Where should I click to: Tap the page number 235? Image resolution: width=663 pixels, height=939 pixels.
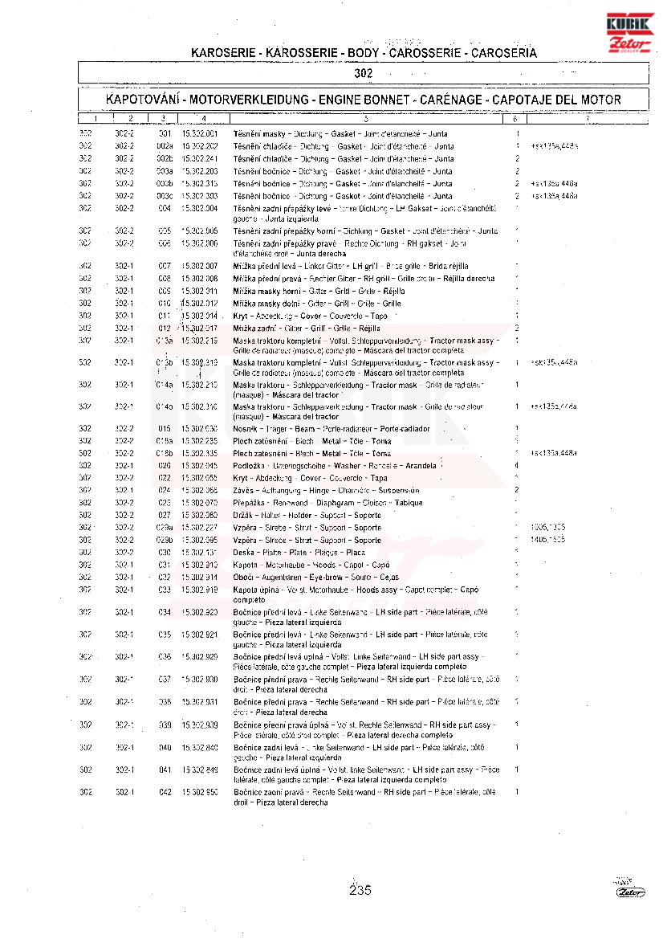360,889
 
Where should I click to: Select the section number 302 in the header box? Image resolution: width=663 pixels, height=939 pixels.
364,74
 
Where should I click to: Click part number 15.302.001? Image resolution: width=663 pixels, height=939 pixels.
200,134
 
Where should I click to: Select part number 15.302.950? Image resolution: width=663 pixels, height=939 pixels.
200,793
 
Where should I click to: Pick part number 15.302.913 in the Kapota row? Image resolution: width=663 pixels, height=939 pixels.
200,565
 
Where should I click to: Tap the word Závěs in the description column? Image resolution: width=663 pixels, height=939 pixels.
242,490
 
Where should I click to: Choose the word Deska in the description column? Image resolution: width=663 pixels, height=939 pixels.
243,553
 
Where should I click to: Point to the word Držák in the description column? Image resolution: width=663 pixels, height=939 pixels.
243,515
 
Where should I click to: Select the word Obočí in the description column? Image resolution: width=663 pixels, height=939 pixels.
243,578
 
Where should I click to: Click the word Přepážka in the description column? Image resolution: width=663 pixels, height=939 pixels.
249,503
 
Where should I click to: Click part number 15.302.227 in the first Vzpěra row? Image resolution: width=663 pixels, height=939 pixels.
200,528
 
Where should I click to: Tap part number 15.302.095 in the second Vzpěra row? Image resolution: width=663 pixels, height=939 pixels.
200,540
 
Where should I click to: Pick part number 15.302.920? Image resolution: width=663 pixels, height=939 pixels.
200,613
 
